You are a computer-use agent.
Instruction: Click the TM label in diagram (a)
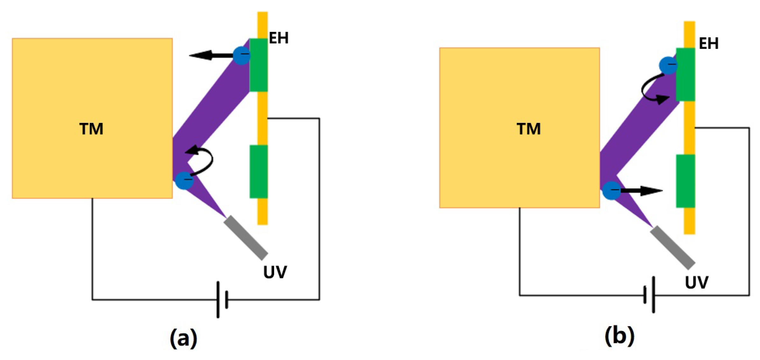(91, 129)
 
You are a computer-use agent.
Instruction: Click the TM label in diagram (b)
(529, 129)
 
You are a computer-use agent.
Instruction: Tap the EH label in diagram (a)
(279, 38)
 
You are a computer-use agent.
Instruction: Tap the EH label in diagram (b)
(709, 43)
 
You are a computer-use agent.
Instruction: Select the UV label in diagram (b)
(697, 282)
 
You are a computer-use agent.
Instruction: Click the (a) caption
(183, 338)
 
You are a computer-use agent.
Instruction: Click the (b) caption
(619, 336)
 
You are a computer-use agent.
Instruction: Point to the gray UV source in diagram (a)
(246, 237)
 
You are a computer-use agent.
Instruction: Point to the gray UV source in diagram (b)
(672, 248)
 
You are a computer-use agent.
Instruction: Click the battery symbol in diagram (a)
(222, 300)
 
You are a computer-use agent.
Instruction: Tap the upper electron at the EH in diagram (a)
(242, 55)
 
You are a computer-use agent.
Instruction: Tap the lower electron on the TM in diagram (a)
(184, 180)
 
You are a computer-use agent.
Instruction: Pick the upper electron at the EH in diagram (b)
(668, 65)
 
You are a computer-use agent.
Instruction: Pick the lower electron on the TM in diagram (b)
(612, 190)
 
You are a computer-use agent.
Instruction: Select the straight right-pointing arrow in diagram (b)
(641, 191)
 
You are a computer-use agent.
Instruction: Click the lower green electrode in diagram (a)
(259, 172)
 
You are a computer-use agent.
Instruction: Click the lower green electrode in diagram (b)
(685, 181)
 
